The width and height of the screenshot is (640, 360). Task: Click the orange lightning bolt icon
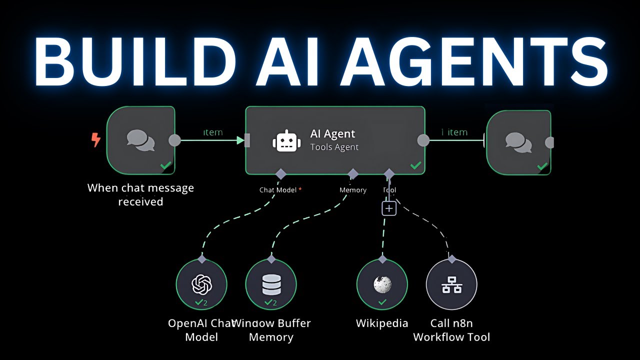click(95, 140)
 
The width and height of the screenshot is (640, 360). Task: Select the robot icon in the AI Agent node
click(286, 140)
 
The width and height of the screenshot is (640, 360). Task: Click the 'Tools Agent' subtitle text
click(334, 147)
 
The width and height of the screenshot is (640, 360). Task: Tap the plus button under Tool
click(389, 208)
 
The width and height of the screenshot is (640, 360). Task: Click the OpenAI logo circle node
click(201, 284)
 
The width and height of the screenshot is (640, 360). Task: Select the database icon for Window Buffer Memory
click(271, 284)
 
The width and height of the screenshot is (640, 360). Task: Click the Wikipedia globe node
click(382, 284)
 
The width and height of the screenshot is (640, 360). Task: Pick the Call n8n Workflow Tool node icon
click(451, 284)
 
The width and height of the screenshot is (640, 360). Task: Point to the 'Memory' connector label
click(353, 190)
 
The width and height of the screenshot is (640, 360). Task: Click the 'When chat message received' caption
click(140, 195)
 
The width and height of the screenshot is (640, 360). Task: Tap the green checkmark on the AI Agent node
click(415, 165)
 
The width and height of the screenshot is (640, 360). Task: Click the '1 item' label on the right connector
click(454, 132)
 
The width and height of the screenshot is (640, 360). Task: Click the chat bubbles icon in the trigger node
click(140, 140)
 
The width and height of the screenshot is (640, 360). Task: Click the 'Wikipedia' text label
click(382, 323)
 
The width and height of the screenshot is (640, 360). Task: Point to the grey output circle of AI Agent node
click(423, 140)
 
